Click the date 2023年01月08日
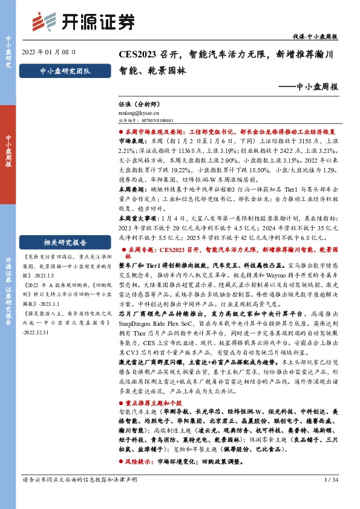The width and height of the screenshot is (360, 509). [x=45, y=51]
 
